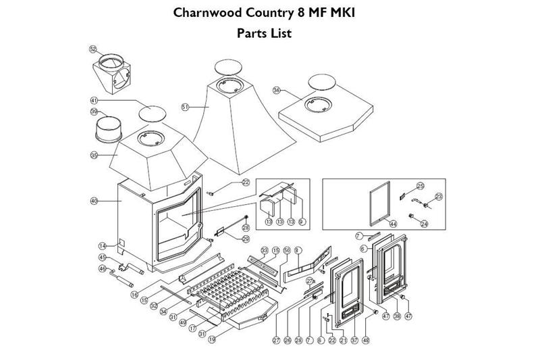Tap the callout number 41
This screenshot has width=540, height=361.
pos(94,100)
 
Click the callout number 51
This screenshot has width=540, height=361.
pos(186,106)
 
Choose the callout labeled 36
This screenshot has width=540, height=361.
pos(276,90)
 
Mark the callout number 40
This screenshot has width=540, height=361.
pos(93,201)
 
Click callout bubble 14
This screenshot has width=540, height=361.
pos(103,246)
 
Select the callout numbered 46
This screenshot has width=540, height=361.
pos(103,268)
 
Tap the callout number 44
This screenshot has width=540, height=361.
pos(392,223)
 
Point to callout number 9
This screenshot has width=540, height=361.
pos(302,221)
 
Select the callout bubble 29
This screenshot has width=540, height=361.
pos(245,239)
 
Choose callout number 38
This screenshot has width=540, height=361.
pos(398,315)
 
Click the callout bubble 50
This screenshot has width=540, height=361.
pos(286,251)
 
